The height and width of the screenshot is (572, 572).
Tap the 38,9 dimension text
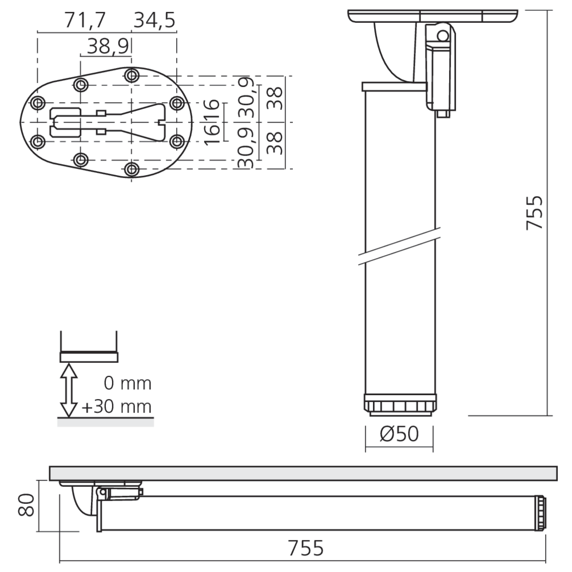[x=108, y=47]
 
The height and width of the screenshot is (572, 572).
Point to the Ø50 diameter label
[x=399, y=435]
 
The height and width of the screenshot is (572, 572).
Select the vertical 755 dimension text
[x=534, y=213]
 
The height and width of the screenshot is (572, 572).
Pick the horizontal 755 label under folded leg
[x=306, y=548]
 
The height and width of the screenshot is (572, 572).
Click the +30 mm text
[x=117, y=407]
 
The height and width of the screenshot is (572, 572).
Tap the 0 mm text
[x=128, y=383]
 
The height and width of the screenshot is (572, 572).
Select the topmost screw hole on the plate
[x=132, y=75]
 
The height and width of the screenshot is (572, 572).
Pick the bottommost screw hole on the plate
[x=132, y=169]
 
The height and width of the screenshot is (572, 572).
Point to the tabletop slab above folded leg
[x=303, y=472]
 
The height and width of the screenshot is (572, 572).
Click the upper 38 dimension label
[x=276, y=97]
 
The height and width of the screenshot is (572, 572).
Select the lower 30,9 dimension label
[x=247, y=149]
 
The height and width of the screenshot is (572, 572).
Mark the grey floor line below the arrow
[x=105, y=422]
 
